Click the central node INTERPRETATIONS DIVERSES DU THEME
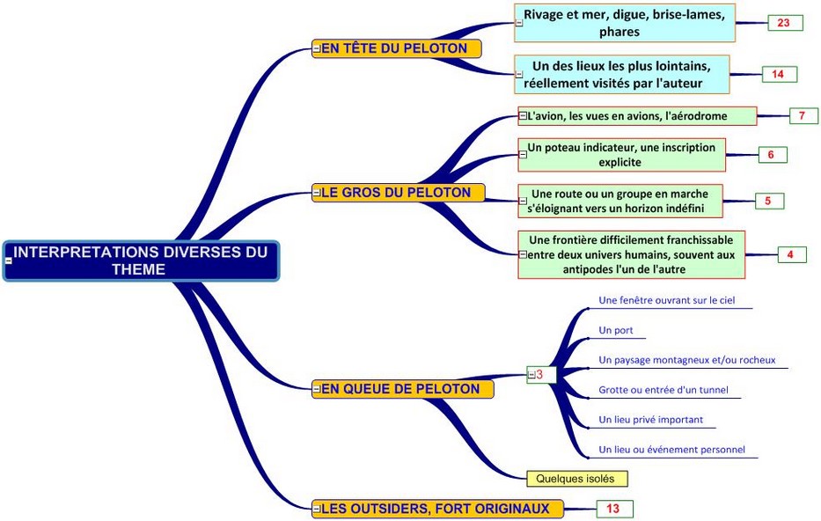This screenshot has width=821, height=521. pos(141,260)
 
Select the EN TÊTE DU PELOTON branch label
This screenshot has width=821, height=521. pos(398,48)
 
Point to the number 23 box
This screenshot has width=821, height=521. pos(784,23)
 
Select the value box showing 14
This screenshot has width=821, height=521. pos(778,74)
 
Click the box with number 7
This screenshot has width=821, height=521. pos(802,115)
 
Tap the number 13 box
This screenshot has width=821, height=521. pos(613,509)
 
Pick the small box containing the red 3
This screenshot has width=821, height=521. pos(539,375)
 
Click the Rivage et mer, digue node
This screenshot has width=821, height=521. pos(625,23)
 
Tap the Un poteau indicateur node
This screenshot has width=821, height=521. pos(622,155)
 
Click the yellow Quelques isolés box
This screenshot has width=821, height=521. pos(576,479)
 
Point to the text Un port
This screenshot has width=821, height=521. pos(616,330)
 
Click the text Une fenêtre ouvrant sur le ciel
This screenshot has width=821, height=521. pos(666,300)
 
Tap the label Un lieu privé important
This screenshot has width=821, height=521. pos(650,420)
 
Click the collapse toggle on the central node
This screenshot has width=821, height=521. pos(9,260)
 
